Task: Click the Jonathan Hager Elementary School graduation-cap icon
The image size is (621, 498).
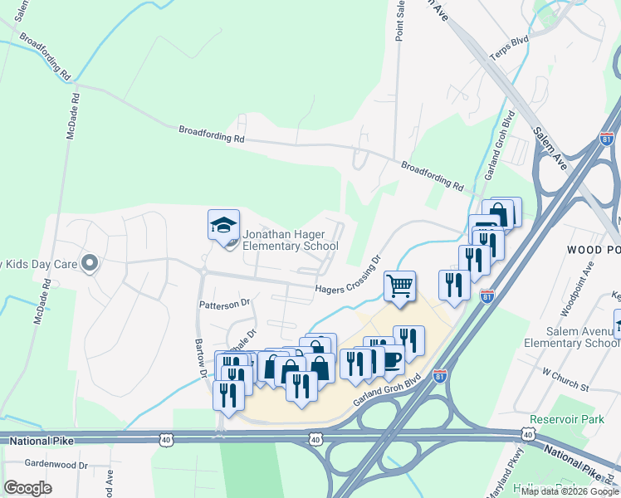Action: (223, 226)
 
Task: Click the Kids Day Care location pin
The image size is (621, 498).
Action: (90, 264)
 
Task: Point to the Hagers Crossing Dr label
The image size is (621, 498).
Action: (346, 276)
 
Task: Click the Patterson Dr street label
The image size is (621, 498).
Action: (224, 305)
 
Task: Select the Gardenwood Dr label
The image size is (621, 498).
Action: (56, 465)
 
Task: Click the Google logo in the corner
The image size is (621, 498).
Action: (27, 488)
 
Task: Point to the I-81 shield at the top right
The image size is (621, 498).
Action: (607, 139)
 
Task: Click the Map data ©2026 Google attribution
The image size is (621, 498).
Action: (570, 491)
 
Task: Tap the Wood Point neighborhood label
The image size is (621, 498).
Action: (594, 249)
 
